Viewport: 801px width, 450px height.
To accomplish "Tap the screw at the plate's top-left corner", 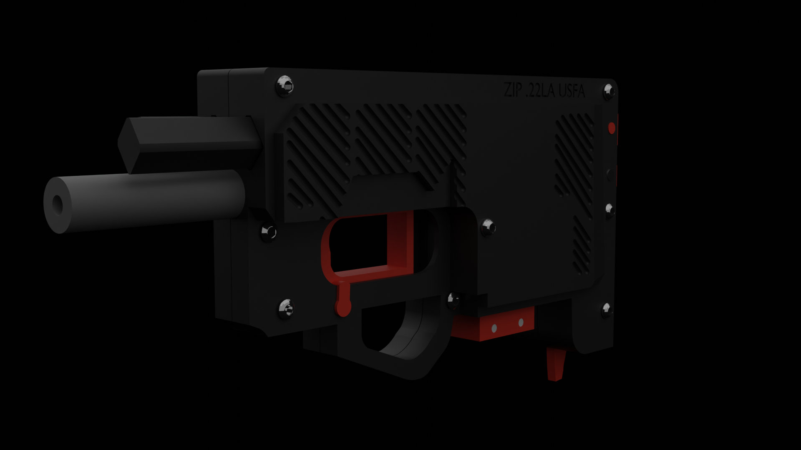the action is point(285,86).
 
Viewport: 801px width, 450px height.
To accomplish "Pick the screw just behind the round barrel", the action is point(268,232).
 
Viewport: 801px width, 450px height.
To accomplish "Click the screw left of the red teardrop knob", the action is point(286,309).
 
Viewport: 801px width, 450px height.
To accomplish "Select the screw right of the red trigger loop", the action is point(488,227).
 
